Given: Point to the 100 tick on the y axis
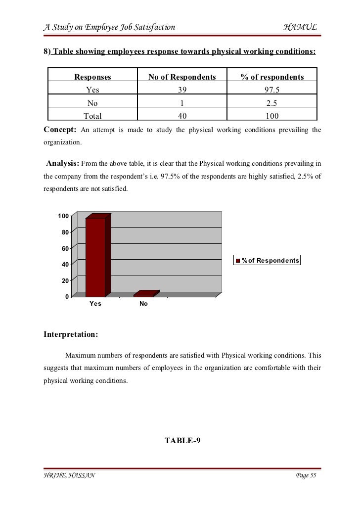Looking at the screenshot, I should click(x=63, y=216).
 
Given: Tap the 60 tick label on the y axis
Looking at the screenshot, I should click(x=65, y=248).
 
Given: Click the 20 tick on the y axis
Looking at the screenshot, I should click(x=65, y=280).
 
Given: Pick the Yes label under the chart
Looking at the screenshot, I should click(x=95, y=304).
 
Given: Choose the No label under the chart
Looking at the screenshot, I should click(x=143, y=304).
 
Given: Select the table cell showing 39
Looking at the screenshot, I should click(x=182, y=90).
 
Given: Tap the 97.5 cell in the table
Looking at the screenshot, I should click(x=272, y=90).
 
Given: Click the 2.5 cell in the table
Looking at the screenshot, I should click(x=272, y=103).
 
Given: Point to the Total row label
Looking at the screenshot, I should click(x=92, y=116).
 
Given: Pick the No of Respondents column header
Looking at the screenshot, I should click(x=182, y=77).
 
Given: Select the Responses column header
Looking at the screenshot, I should click(x=92, y=77).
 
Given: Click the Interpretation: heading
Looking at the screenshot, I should click(x=71, y=334).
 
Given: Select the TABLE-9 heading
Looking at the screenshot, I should click(x=182, y=441).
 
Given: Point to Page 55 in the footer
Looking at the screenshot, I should click(x=306, y=475).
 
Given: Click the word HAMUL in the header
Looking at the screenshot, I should click(x=300, y=27).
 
